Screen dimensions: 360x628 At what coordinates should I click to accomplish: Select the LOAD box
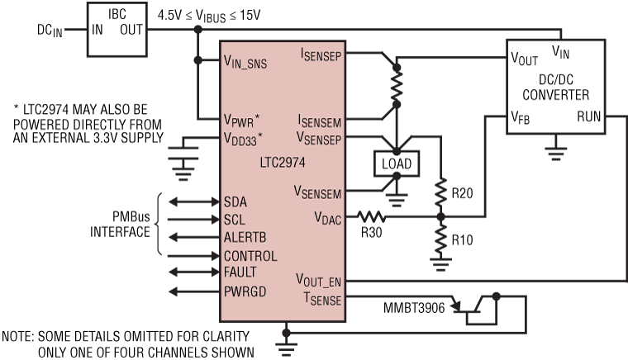[x=395, y=163]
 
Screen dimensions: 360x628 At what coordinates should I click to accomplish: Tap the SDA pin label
[x=236, y=201]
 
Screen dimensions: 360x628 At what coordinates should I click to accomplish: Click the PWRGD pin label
[x=246, y=291]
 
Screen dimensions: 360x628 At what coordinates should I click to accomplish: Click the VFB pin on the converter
[x=521, y=118]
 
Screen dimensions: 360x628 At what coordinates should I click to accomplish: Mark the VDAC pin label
[x=328, y=217]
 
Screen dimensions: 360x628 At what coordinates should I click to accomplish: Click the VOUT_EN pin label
[x=316, y=281]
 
